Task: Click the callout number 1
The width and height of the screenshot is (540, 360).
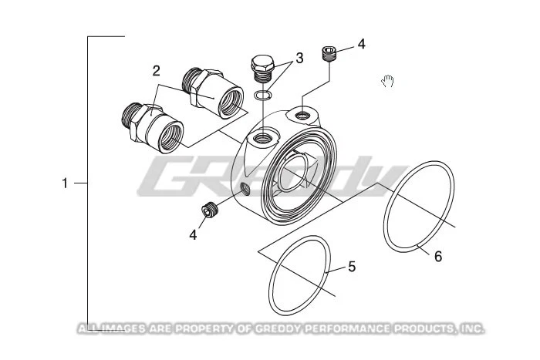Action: pos(66,183)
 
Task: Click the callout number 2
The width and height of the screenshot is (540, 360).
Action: pos(156,71)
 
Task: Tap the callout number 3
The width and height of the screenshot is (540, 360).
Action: pos(299,57)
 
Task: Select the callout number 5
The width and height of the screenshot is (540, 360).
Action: pos(352,267)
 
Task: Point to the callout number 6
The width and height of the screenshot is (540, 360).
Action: pos(437,256)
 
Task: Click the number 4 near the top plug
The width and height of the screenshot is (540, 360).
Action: pos(361,44)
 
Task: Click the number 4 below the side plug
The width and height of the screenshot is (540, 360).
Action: pos(193,234)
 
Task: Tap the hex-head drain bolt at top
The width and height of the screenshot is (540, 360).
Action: pos(264,69)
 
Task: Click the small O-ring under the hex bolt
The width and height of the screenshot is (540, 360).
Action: pos(263,96)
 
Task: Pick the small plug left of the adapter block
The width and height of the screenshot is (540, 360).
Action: pos(208,209)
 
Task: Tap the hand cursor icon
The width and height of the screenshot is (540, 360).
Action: pos(389,80)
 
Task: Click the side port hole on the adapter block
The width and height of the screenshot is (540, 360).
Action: pos(245,188)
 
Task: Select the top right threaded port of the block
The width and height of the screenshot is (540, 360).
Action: pos(302,116)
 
